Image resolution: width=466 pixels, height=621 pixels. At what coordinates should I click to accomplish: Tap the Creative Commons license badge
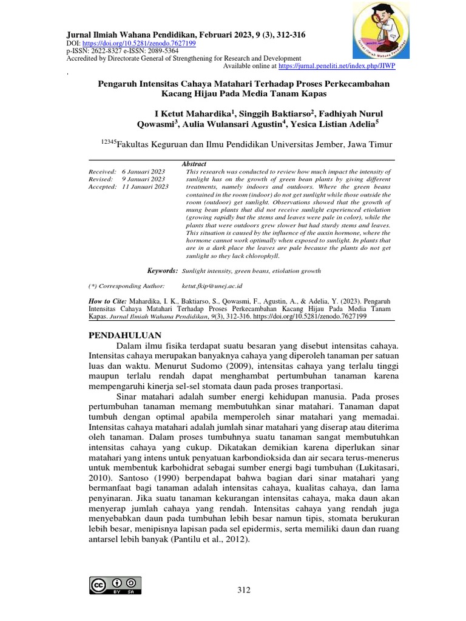115,585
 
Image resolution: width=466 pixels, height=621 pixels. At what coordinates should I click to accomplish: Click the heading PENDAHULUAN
125,335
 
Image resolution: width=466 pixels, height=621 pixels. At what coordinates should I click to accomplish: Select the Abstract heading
194,164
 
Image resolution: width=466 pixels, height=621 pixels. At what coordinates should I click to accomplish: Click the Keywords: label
163,270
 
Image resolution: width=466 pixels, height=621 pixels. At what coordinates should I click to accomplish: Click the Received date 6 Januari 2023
143,172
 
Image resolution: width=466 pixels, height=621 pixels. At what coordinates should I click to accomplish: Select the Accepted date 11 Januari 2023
145,187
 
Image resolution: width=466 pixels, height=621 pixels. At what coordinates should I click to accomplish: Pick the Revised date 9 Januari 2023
143,180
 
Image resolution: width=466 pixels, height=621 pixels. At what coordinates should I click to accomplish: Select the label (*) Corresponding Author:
126,285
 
